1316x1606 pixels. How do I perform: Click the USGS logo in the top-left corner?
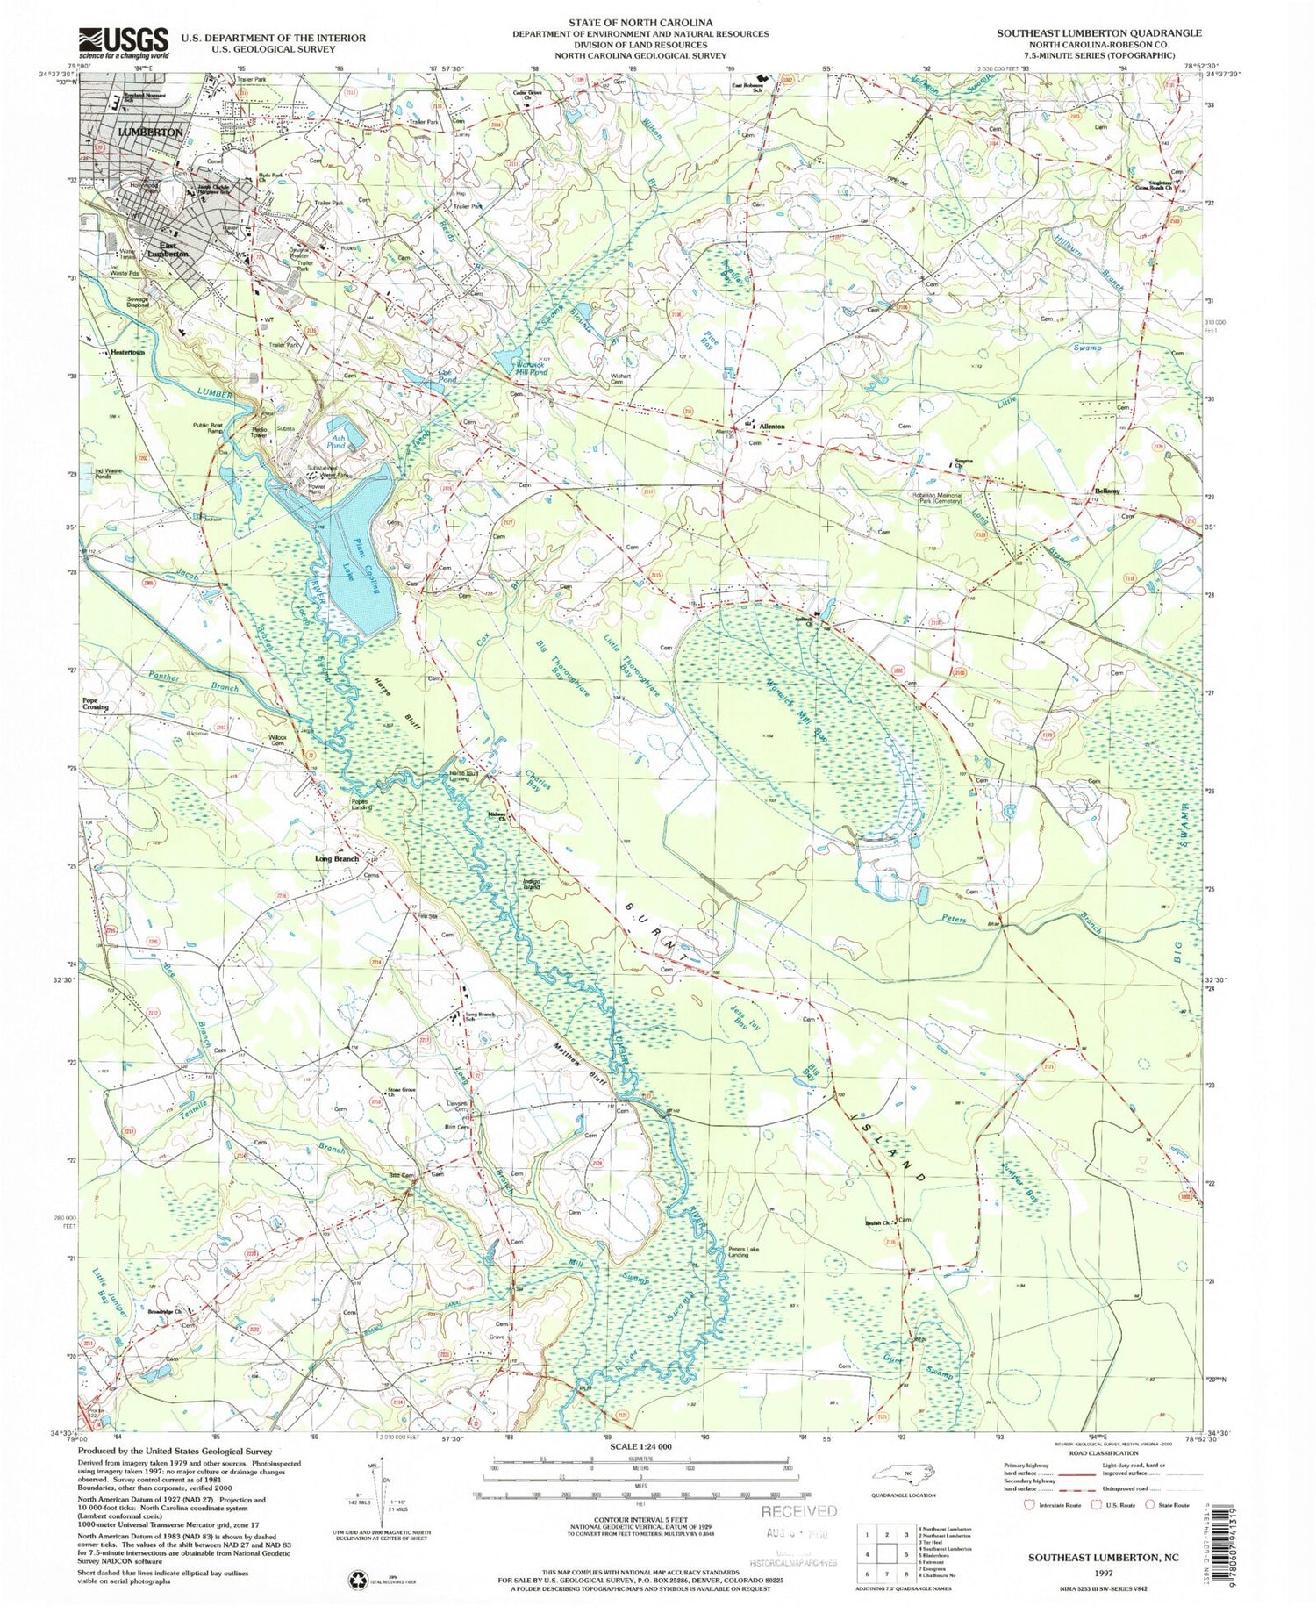[124, 40]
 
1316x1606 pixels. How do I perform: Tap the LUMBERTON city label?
[150, 132]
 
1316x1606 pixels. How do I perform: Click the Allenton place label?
[772, 426]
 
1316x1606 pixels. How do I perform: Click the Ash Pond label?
[336, 441]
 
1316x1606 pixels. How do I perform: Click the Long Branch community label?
[337, 858]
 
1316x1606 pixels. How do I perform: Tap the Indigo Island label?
[537, 885]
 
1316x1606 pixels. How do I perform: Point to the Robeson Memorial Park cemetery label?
[953, 497]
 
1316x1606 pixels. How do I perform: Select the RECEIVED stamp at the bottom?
[798, 1511]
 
